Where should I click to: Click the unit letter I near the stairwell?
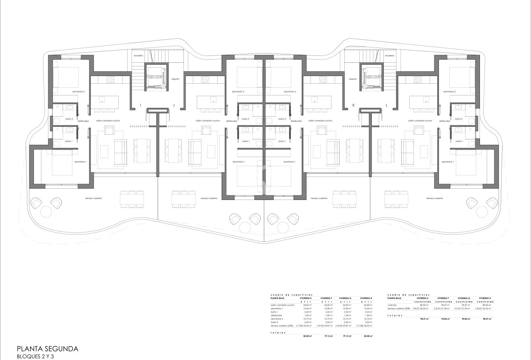click(x=140, y=105)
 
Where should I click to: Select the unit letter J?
click(x=173, y=105)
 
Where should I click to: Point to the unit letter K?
click(x=354, y=105)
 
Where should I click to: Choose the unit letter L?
click(x=387, y=105)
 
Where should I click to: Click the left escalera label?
click(x=138, y=56)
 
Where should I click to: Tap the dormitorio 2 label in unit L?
click(x=449, y=92)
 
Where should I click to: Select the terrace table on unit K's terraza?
click(x=345, y=198)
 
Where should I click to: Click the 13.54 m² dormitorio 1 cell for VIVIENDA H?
click(x=367, y=308)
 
